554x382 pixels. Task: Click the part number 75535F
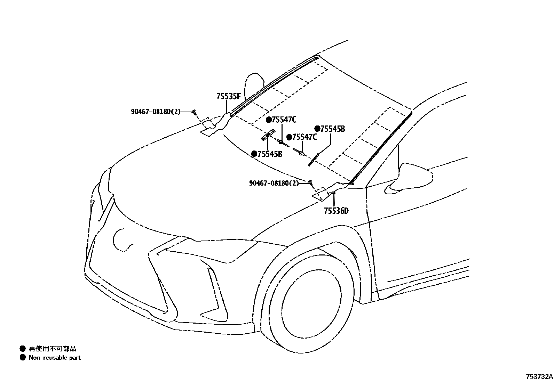coord(229,96)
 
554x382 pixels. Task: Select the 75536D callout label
coord(336,211)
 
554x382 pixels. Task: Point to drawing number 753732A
coord(539,376)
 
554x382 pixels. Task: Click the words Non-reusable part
coord(54,357)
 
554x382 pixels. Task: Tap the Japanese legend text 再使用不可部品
coord(52,349)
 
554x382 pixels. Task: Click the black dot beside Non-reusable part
coord(23,357)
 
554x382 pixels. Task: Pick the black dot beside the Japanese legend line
coord(23,349)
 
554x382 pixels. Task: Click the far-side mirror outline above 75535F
coord(254,83)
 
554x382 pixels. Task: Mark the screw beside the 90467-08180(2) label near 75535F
coord(195,112)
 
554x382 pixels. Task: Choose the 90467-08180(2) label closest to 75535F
coord(156,112)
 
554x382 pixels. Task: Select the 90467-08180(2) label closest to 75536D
coord(274,183)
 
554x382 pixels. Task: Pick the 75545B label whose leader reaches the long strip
coord(330,129)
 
